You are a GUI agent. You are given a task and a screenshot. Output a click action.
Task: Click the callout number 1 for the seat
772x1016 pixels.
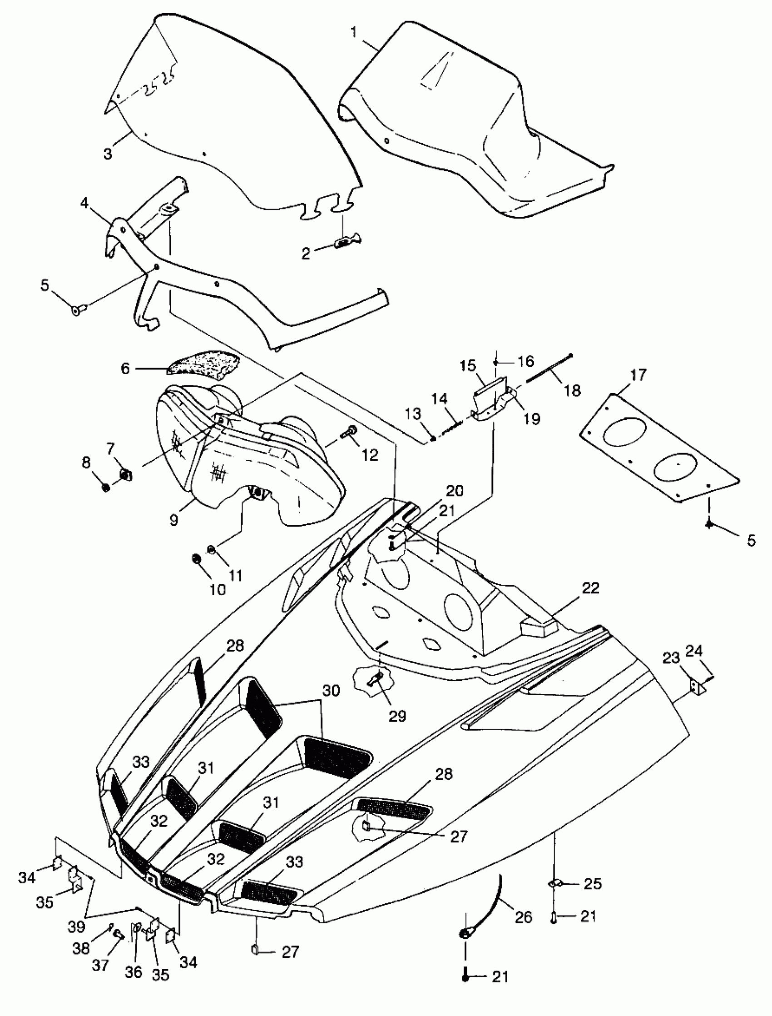point(353,33)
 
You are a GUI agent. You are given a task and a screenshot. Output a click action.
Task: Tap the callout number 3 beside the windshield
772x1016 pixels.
point(108,154)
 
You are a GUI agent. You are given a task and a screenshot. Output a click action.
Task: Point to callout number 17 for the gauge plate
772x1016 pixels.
point(638,375)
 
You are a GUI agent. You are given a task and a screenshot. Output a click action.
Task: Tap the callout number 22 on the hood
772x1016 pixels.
point(590,588)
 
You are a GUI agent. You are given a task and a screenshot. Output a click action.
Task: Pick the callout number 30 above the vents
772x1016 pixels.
point(331,691)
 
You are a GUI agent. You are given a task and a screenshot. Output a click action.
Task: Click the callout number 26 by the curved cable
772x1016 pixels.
point(524,916)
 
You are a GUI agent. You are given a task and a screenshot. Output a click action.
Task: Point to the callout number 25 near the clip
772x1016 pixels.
point(592,884)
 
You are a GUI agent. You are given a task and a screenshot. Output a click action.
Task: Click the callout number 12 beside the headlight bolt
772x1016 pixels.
point(370,455)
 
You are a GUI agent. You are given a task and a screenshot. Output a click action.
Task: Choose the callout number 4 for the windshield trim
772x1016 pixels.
point(84,203)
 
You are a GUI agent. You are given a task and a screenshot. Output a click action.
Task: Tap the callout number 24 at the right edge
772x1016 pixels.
point(694,651)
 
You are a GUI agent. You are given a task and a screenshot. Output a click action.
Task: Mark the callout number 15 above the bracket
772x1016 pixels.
point(468,366)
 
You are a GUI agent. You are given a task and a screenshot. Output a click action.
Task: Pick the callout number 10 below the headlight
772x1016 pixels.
point(218,590)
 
